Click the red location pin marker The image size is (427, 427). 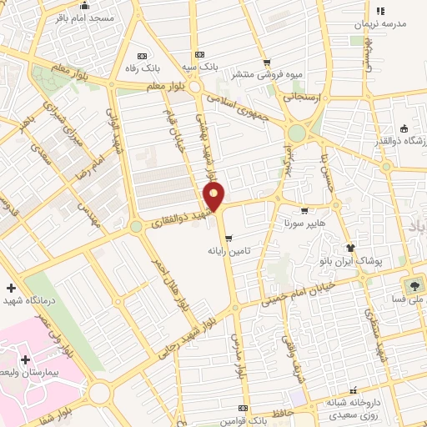(x=214, y=197)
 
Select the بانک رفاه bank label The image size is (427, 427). (x=142, y=68)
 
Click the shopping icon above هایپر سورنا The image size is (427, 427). (x=304, y=211)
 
